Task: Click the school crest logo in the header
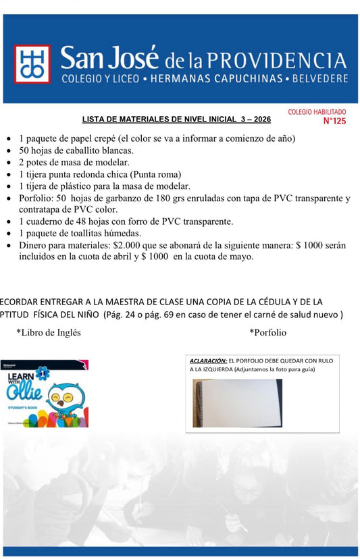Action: tap(32, 64)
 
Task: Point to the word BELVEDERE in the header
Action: tap(320, 79)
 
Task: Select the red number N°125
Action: tap(334, 122)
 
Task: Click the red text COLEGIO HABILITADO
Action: tap(317, 111)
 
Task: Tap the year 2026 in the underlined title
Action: tap(259, 119)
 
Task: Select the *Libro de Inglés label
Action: tap(49, 332)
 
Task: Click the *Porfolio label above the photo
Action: tap(267, 332)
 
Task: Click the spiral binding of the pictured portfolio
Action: tap(197, 402)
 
